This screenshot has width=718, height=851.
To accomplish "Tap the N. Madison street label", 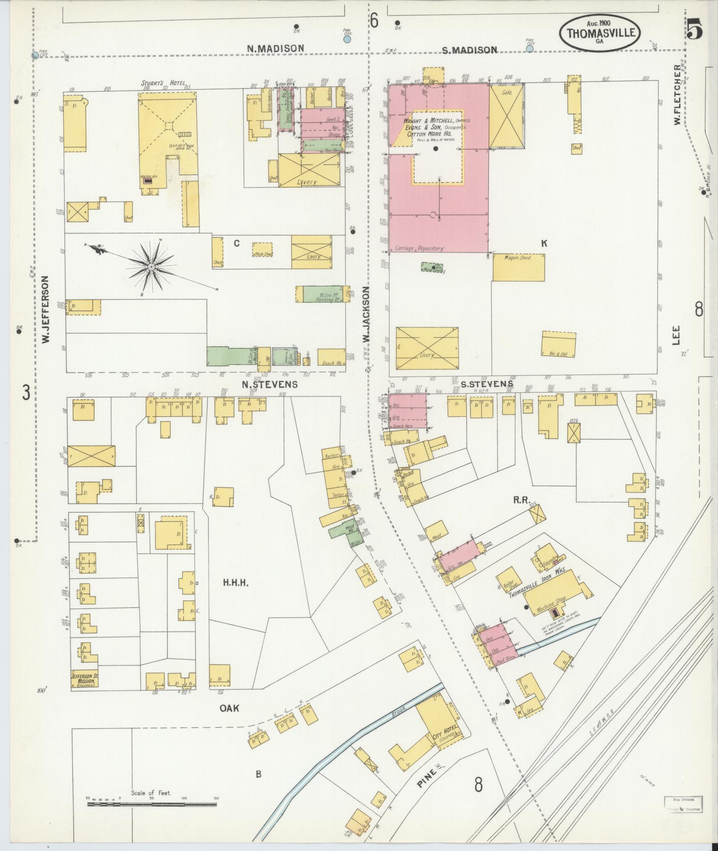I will click(x=276, y=48).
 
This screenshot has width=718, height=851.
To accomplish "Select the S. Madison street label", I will click(x=469, y=50).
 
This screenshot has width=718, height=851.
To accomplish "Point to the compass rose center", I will click(x=151, y=266).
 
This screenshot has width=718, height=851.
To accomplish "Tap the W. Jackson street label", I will click(x=366, y=314).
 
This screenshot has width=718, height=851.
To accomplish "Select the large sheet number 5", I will click(x=694, y=30).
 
